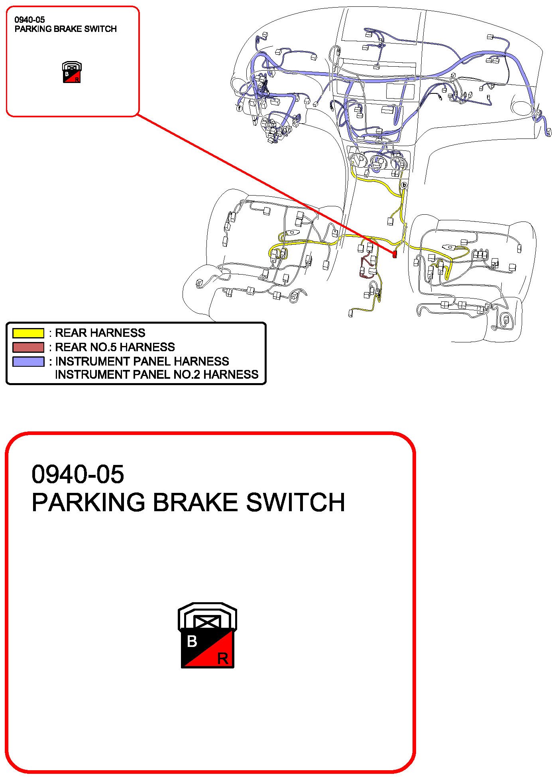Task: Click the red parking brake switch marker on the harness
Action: pos(395,254)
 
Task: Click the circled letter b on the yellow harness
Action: pos(404,185)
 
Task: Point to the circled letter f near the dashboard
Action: pos(239,108)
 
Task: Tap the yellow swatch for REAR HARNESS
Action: pos(28,333)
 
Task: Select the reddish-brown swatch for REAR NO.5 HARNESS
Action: pos(28,347)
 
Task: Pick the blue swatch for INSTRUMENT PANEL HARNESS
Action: pos(28,361)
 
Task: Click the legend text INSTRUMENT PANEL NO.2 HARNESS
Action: pos(157,374)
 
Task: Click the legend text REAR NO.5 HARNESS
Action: pos(115,347)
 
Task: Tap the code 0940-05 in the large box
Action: pos(78,474)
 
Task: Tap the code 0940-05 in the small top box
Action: pos(29,20)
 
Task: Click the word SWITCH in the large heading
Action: pos(295,502)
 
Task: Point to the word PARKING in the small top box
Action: pos(31,29)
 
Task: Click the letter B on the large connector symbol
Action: pos(192,641)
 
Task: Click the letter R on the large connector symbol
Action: pos(223,658)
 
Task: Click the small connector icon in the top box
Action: pos(72,72)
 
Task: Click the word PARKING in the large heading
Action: pos(88,502)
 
